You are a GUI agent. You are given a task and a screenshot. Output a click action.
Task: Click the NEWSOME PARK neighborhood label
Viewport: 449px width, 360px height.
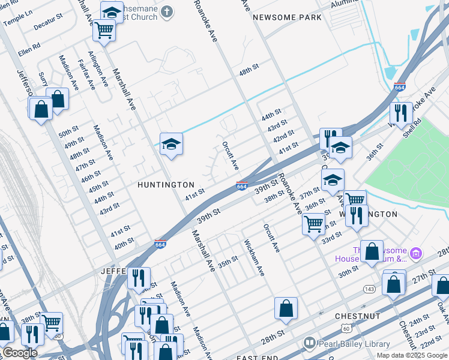coord(287,17)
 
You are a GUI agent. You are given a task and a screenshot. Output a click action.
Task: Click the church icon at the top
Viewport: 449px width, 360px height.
coord(166,11)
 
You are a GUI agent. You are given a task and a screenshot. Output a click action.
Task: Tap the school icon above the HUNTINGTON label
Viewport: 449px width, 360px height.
coord(171,145)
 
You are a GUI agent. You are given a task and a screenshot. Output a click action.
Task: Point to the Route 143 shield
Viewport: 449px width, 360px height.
coord(368,289)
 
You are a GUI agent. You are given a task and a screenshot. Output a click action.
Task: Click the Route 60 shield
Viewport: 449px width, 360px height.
coord(346,328)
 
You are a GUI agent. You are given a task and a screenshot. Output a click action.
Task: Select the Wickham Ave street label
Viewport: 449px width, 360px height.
coord(253,258)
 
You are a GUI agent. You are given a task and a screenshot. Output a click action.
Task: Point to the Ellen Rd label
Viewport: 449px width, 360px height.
coord(29,45)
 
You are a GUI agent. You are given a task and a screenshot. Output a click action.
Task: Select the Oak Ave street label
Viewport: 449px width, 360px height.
coord(442,311)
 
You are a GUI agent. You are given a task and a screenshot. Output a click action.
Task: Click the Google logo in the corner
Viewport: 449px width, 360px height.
coord(20,353)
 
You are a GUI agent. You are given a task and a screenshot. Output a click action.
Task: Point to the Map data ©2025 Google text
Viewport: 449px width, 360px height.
coord(411,355)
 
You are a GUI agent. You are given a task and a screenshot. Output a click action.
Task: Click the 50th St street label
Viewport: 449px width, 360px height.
coord(68,131)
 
